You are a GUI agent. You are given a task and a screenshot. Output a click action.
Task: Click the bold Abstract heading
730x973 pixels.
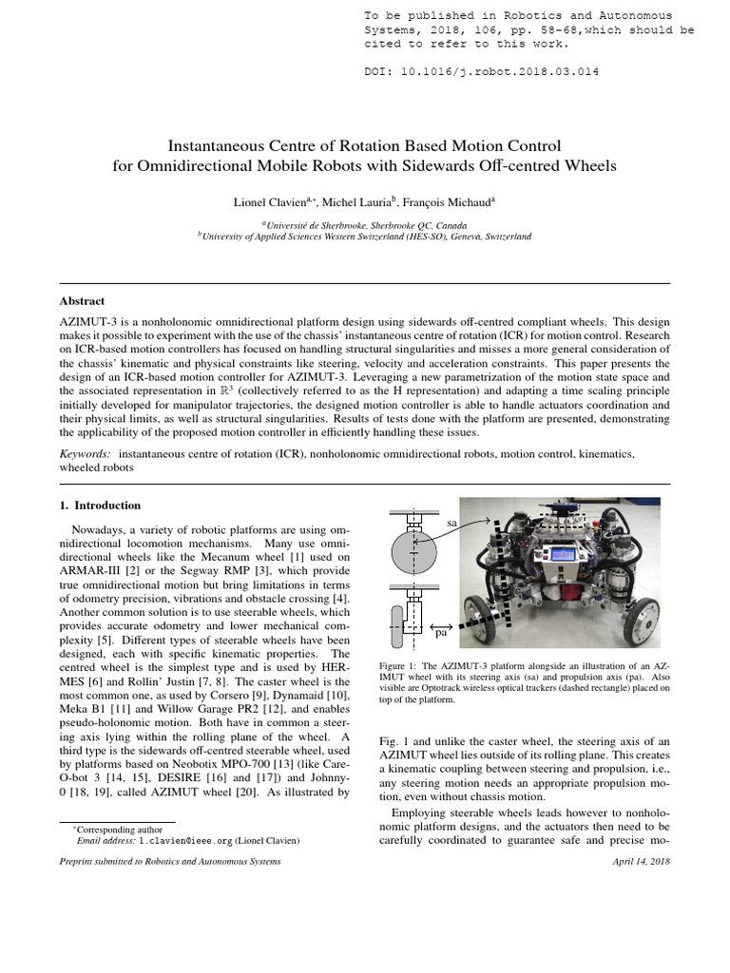click(82, 299)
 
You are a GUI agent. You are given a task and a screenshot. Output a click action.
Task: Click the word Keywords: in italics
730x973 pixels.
click(85, 455)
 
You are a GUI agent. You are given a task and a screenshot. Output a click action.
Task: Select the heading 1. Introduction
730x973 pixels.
click(100, 506)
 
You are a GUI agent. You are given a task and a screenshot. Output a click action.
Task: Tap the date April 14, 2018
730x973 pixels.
click(643, 862)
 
